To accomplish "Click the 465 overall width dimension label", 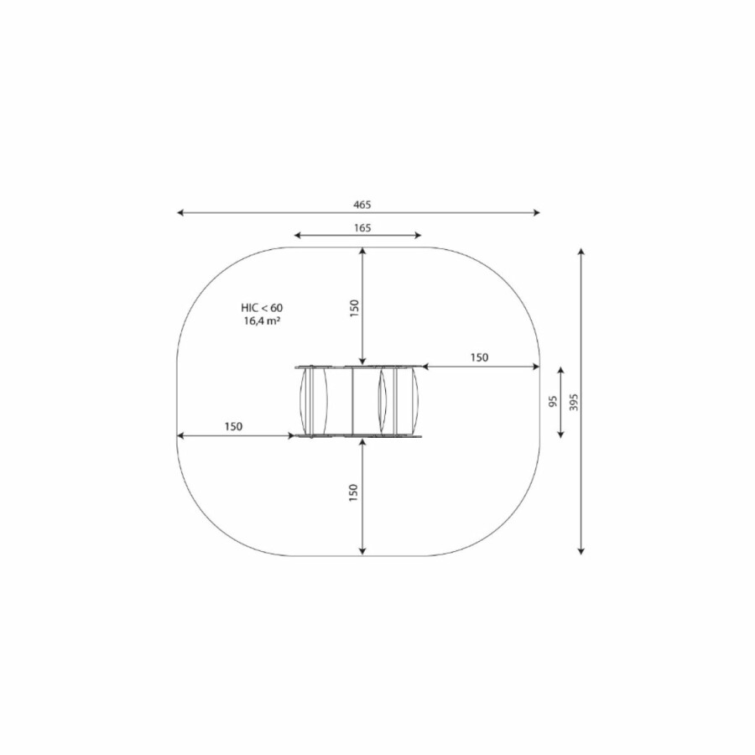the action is [x=362, y=205].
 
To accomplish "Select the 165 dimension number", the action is [x=362, y=227].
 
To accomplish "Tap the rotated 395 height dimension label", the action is [x=573, y=402].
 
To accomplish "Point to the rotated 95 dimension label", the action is [x=553, y=401].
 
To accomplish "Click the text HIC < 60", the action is [x=262, y=308].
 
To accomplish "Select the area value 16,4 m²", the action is [x=262, y=321].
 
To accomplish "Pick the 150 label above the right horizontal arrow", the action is [x=479, y=357].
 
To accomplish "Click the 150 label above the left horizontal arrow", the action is [x=233, y=427].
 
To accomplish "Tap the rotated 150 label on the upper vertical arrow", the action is [x=354, y=308].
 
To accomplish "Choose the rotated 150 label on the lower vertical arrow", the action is [x=353, y=493].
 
